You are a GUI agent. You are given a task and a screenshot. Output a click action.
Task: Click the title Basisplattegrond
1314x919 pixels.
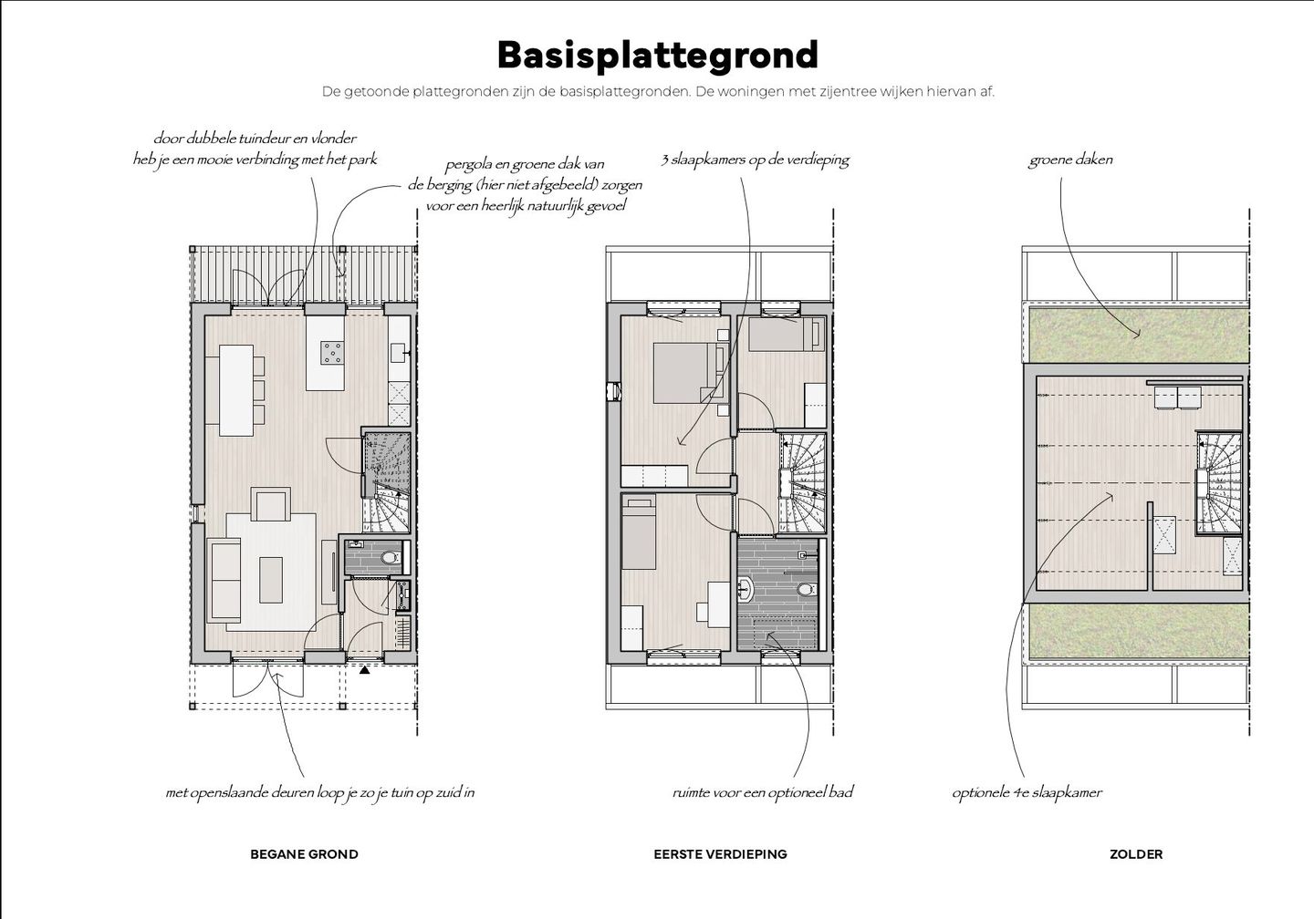[x=657, y=55]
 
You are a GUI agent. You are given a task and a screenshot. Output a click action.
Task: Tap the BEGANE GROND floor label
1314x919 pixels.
[x=304, y=854]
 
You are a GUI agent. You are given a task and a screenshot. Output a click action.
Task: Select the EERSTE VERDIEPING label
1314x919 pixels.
[x=720, y=854]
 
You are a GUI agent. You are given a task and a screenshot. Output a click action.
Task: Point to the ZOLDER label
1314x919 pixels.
[x=1136, y=854]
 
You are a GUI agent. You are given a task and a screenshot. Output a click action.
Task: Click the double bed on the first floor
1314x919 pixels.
[x=684, y=372]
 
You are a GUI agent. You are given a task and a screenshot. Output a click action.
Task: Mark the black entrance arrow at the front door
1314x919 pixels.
[x=365, y=670]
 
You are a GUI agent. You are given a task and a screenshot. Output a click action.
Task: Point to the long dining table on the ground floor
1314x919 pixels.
[x=235, y=390]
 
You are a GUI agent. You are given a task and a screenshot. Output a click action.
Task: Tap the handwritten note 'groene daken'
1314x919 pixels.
[x=1070, y=160]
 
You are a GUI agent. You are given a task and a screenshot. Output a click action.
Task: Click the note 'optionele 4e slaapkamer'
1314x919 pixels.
[x=1027, y=792]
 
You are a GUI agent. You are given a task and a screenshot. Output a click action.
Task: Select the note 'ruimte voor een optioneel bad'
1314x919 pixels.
[x=762, y=792]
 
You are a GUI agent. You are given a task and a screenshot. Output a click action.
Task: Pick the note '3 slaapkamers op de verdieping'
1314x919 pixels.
[x=755, y=160]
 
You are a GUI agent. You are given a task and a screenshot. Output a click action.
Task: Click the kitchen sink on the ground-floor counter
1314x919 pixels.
[x=399, y=351]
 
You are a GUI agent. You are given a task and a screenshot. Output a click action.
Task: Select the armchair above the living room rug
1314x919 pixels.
[x=272, y=503]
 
